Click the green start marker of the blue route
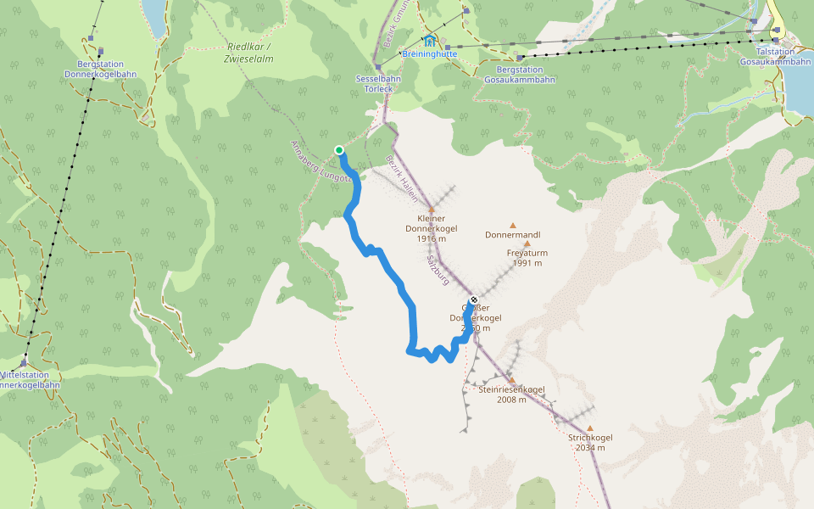pos(339,150)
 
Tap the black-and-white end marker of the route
pos(474,299)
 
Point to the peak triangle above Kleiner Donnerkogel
pos(431,209)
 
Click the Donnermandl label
pos(512,235)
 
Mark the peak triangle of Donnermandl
pos(512,225)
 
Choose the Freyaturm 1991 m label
pos(527,258)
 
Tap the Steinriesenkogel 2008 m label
pos(511,394)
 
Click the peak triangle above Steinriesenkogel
pos(511,380)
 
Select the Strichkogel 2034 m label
pos(590,442)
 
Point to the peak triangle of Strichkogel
pos(590,428)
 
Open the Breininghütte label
pos(430,53)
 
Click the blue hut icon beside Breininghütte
pos(430,40)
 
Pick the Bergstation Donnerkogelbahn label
pos(100,69)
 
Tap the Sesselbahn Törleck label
pos(378,83)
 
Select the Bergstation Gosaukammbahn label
pos(525,74)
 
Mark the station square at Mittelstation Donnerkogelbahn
pos(24,363)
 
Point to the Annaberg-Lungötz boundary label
pos(321,161)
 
